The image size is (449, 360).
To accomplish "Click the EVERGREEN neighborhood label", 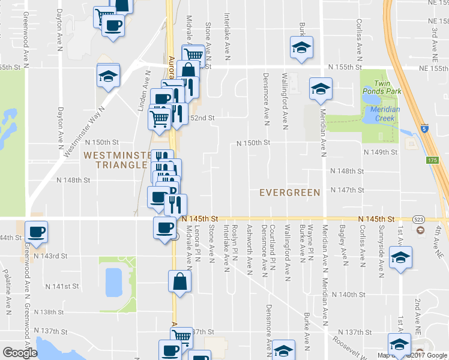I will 289,192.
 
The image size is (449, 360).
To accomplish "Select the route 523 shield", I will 418,220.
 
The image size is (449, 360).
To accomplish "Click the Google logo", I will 19,353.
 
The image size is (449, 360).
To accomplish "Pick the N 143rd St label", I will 50,256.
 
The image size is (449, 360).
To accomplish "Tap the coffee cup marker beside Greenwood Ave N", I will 36,232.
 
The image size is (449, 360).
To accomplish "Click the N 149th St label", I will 381,152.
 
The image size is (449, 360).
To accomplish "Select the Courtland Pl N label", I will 273,247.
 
